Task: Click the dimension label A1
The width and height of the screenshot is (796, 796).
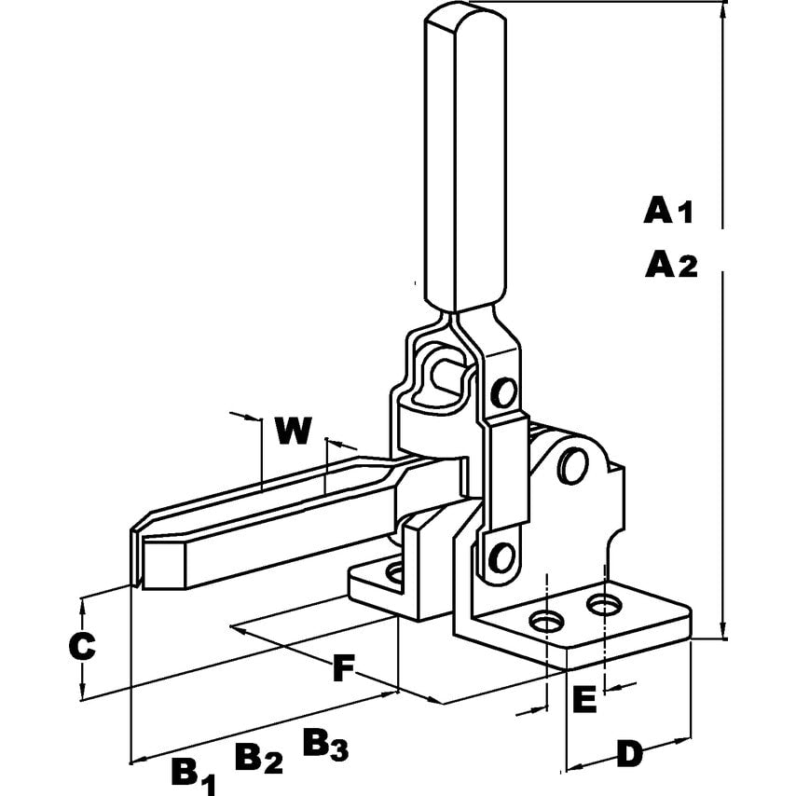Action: pyautogui.click(x=668, y=211)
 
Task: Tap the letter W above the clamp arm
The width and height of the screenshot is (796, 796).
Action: pyautogui.click(x=293, y=431)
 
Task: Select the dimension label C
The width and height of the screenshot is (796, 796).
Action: pyautogui.click(x=83, y=646)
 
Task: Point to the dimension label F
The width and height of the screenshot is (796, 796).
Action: pyautogui.click(x=345, y=667)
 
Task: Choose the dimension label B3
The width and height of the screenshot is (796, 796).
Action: pyautogui.click(x=325, y=745)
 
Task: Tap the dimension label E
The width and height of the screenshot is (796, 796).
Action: pyautogui.click(x=583, y=700)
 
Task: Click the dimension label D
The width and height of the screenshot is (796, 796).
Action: pyautogui.click(x=631, y=753)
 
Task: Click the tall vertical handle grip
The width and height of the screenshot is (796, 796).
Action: pyautogui.click(x=463, y=158)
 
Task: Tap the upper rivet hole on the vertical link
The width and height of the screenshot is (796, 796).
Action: pyautogui.click(x=504, y=391)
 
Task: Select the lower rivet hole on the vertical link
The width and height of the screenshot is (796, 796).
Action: pyautogui.click(x=502, y=557)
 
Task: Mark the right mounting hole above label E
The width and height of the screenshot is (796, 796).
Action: pyautogui.click(x=607, y=607)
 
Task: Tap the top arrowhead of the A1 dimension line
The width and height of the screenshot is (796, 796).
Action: pyautogui.click(x=723, y=11)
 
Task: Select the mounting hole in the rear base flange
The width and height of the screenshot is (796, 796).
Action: pyautogui.click(x=395, y=571)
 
